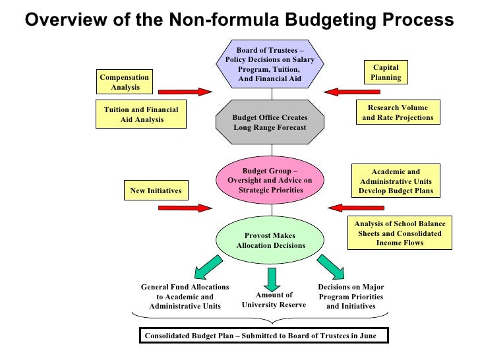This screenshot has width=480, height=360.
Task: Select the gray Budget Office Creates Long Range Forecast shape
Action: click(269, 122)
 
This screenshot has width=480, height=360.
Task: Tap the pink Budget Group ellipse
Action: click(269, 181)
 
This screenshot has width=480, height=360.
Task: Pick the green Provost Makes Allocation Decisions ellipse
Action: click(270, 241)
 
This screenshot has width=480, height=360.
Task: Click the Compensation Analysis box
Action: click(125, 82)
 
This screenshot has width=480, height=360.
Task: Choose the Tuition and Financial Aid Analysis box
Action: click(141, 115)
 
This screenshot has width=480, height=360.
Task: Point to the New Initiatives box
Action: click(156, 191)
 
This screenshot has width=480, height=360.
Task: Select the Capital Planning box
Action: click(386, 73)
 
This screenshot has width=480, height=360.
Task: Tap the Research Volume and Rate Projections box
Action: click(398, 113)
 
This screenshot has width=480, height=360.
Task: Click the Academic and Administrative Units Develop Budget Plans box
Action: click(396, 181)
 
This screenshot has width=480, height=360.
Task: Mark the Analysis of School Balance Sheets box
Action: click(400, 233)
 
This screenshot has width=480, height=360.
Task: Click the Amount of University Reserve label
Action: click(274, 300)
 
